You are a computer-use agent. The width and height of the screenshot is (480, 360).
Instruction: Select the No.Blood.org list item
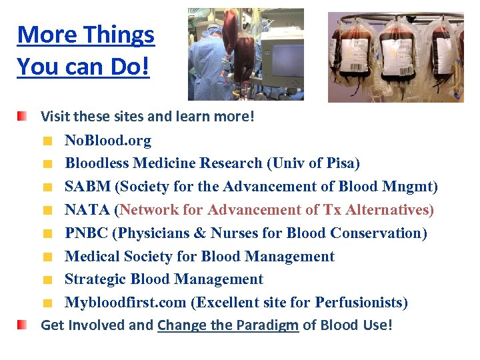[x=107, y=141]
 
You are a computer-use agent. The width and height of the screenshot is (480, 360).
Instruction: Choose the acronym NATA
[x=87, y=210]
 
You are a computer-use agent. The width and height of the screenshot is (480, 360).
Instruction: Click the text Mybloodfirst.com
[x=125, y=303]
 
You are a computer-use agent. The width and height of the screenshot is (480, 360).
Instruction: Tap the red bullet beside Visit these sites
[x=23, y=117]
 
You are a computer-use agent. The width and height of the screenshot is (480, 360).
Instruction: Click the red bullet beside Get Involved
[x=23, y=325]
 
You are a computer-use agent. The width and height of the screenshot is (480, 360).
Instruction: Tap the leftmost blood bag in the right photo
[x=353, y=57]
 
